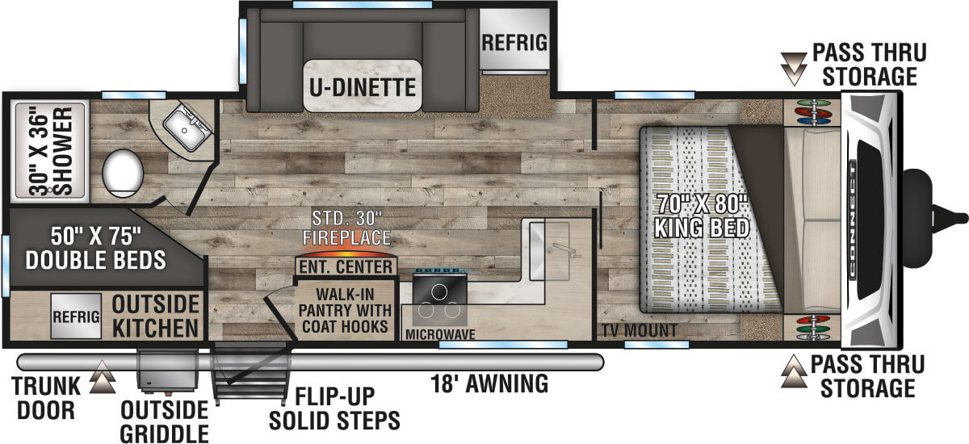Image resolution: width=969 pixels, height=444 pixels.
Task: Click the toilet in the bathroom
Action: [123, 173]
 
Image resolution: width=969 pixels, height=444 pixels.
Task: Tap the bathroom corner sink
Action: [187, 128]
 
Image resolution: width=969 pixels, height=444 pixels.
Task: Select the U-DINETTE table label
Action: [363, 87]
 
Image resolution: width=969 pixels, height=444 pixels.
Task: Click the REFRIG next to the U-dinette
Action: [514, 43]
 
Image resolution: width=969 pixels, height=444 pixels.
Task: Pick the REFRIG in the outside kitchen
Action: [76, 316]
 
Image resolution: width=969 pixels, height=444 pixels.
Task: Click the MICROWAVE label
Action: [440, 334]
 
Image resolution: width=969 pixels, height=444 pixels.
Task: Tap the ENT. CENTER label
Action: [346, 266]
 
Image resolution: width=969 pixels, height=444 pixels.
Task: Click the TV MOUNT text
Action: [640, 331]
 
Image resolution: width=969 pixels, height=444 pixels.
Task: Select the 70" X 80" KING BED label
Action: [702, 216]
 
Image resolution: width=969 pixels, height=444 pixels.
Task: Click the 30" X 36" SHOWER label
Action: [51, 151]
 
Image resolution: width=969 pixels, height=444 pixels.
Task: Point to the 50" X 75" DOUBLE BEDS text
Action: [95, 248]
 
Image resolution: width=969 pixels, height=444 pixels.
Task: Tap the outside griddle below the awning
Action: [167, 371]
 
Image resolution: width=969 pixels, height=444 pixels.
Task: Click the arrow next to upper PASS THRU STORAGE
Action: [794, 69]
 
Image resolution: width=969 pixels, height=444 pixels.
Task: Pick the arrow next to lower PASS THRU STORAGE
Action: [794, 371]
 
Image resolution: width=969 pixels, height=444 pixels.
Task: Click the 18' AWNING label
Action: [489, 383]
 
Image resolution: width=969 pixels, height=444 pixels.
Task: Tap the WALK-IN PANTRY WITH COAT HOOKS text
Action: [345, 311]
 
